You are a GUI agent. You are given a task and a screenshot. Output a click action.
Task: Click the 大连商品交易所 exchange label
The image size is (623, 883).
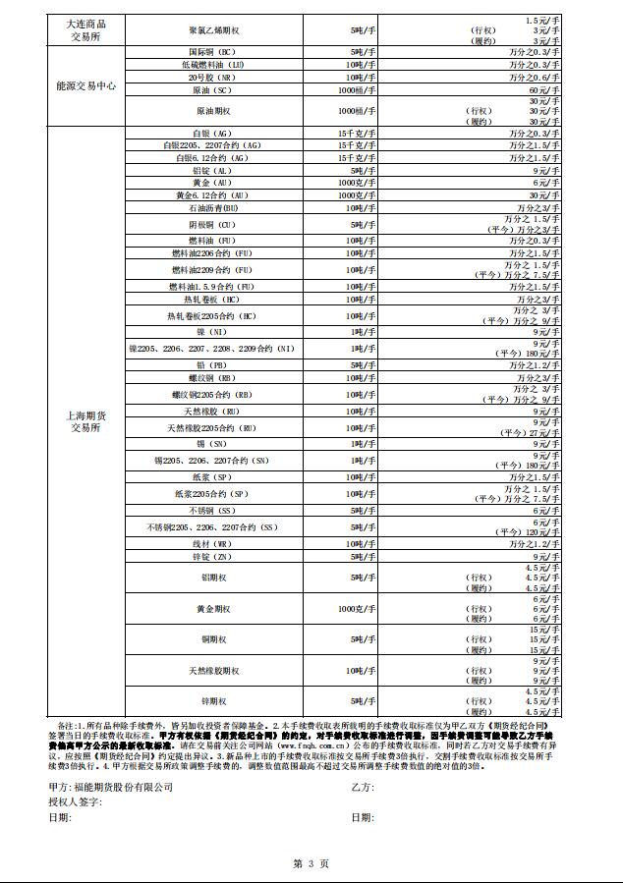[85, 30]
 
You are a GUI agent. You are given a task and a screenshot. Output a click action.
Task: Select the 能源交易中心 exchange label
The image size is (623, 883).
[85, 86]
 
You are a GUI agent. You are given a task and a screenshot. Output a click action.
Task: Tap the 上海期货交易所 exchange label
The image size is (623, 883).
[85, 422]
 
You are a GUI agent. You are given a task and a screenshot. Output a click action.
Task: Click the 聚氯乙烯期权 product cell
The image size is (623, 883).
[213, 30]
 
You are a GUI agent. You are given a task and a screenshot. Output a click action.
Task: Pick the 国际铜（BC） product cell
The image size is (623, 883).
[213, 51]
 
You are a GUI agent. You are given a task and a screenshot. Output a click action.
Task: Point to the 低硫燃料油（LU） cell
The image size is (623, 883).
[213, 64]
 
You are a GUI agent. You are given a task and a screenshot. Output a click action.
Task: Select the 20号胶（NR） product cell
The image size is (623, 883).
[213, 77]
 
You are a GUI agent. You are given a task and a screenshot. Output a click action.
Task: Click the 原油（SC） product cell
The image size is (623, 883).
[213, 89]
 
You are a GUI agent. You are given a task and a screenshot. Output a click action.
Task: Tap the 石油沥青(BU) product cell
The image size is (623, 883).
[213, 208]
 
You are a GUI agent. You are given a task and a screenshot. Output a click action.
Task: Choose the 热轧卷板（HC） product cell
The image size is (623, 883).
[213, 300]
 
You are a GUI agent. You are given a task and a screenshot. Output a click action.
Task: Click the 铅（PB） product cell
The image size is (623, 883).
[213, 364]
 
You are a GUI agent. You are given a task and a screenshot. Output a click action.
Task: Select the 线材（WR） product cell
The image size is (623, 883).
[213, 543]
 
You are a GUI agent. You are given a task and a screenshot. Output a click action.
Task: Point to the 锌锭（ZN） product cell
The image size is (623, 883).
[213, 556]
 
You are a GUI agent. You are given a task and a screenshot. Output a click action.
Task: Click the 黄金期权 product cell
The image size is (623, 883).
[213, 610]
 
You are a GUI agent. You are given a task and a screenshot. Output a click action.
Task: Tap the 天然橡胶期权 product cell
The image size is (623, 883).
[213, 671]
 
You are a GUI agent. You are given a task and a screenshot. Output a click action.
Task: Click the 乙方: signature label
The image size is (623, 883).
[363, 787]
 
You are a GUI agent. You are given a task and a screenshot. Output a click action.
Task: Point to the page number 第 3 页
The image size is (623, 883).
[311, 862]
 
